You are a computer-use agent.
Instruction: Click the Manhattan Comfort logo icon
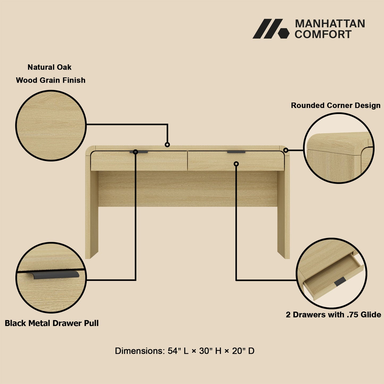(x=271, y=29)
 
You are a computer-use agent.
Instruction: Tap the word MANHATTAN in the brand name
(x=330, y=24)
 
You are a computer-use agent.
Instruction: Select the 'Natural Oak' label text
(x=49, y=67)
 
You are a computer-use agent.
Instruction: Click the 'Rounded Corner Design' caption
(x=336, y=106)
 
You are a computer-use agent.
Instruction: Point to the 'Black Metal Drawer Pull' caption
(x=52, y=323)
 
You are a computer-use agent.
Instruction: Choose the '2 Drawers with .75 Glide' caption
(x=333, y=315)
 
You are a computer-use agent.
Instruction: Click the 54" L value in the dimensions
(x=178, y=351)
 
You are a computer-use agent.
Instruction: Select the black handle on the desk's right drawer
(x=236, y=152)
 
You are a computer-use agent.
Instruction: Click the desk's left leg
(x=92, y=213)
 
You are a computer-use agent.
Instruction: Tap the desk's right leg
(x=284, y=213)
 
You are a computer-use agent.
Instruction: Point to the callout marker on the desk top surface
(x=167, y=145)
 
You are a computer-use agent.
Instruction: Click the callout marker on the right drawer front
(x=236, y=164)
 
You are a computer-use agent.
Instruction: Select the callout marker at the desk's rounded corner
(x=286, y=150)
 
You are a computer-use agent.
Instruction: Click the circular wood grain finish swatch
(x=51, y=125)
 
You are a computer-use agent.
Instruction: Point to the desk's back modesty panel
(x=188, y=189)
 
